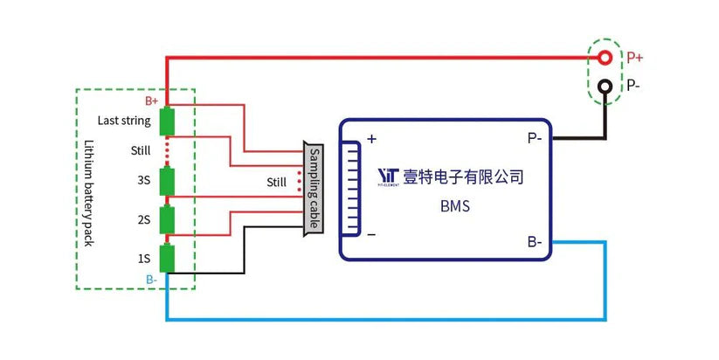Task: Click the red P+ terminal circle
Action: (x=604, y=58)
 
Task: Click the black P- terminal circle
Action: (x=604, y=87)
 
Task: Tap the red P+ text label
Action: (x=635, y=58)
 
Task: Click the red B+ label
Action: (x=151, y=101)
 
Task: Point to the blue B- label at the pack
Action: (x=152, y=279)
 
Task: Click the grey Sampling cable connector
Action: (x=312, y=189)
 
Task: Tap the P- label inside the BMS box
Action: (x=534, y=138)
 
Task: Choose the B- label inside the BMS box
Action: (x=534, y=241)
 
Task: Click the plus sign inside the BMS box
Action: (x=371, y=138)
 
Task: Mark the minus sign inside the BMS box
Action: (x=371, y=235)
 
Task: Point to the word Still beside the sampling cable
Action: (x=277, y=183)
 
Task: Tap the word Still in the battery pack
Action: (x=141, y=150)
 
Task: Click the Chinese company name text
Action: (x=463, y=177)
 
